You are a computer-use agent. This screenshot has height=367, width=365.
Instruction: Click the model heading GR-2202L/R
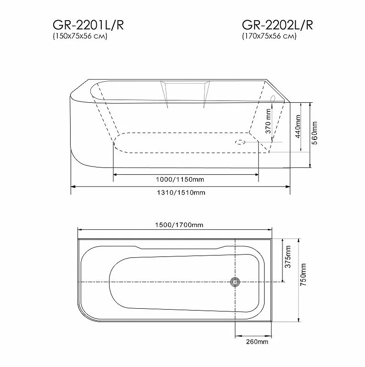(277, 26)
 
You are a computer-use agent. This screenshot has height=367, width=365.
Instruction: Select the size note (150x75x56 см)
(80, 37)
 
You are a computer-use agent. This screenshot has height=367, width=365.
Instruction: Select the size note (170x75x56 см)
(269, 37)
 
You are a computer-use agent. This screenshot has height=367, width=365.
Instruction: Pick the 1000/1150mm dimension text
(185, 179)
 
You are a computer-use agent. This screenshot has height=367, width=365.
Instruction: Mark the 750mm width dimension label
(303, 278)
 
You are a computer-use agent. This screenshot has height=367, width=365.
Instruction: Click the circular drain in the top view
(236, 282)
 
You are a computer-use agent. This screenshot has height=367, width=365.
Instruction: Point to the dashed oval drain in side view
(240, 142)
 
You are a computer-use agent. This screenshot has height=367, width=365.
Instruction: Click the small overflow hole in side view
(273, 98)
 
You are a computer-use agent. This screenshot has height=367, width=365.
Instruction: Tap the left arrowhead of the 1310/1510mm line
(72, 187)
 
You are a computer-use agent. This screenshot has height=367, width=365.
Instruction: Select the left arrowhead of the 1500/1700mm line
(79, 230)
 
